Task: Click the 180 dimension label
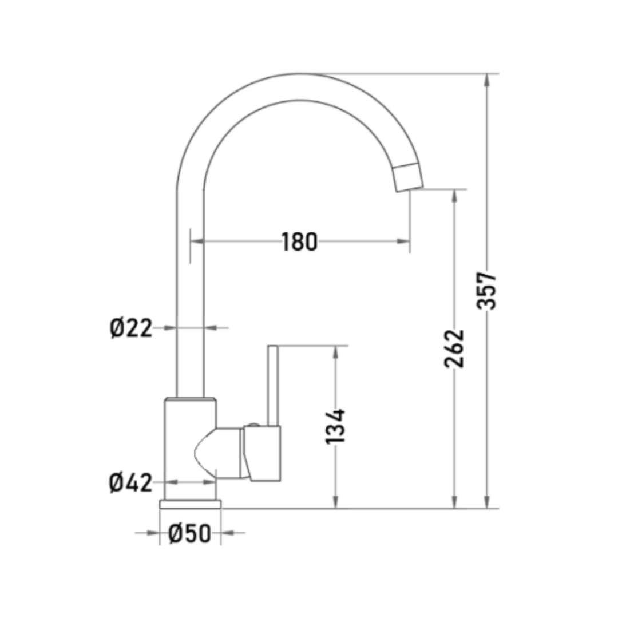(299, 241)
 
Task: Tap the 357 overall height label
(486, 291)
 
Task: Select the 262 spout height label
(454, 348)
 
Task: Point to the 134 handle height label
(335, 427)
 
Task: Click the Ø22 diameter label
(131, 328)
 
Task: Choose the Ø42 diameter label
(131, 482)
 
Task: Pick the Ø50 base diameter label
(189, 533)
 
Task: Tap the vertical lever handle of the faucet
(273, 386)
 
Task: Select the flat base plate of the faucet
(191, 504)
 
